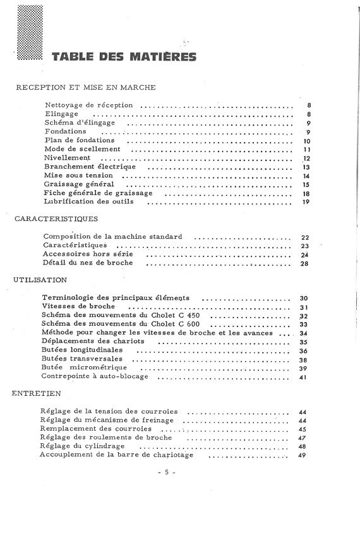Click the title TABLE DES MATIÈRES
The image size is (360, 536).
point(124,57)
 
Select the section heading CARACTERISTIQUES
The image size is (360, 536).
point(56,220)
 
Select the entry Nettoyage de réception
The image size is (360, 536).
point(89,105)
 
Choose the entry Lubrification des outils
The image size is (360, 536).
point(93,201)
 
